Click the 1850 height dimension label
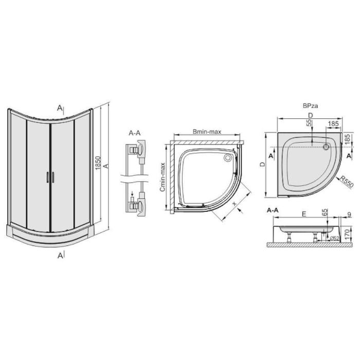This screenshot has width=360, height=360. [x=98, y=163]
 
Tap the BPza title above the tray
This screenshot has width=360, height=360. [x=311, y=106]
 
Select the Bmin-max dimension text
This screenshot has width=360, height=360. [x=207, y=132]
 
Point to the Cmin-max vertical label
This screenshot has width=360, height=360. [x=163, y=177]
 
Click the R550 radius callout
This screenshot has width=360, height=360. [x=347, y=182]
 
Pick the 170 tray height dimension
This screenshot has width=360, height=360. [x=347, y=234]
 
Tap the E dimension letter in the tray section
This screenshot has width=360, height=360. [x=304, y=214]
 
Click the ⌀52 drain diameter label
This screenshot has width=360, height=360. [x=334, y=239]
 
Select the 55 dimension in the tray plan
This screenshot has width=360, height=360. [x=310, y=122]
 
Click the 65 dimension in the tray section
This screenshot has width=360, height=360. [x=325, y=212]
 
